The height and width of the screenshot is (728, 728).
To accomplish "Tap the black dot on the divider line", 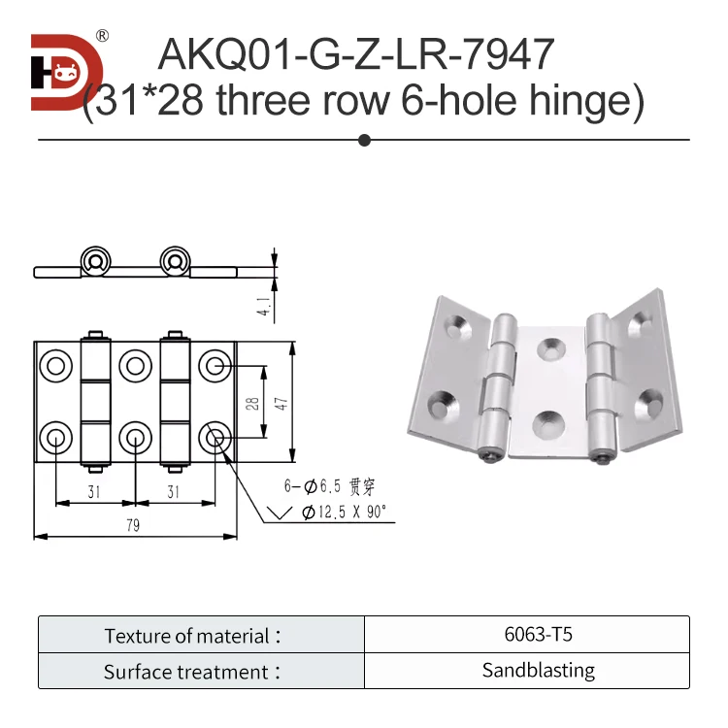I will [x=365, y=140].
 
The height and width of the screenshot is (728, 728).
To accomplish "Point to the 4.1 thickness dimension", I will [x=263, y=306].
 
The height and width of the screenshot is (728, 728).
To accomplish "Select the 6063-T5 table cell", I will [x=526, y=636].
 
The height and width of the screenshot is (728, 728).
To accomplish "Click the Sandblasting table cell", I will [x=526, y=671].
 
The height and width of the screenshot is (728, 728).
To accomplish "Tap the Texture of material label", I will [x=193, y=636].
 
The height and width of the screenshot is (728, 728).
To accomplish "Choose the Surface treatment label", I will [x=193, y=672].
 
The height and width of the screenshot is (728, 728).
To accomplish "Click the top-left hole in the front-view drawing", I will [x=55, y=366].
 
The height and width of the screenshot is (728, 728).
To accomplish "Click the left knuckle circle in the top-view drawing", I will [x=95, y=260].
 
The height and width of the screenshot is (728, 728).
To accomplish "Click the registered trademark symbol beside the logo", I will [x=102, y=36].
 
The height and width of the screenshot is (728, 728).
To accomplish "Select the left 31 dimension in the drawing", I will [x=94, y=492].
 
